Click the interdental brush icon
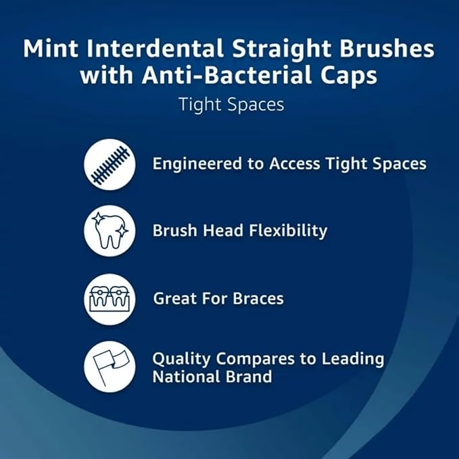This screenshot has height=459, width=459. pyautogui.click(x=110, y=164)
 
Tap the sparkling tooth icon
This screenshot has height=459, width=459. pyautogui.click(x=110, y=231)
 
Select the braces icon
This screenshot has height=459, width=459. pyautogui.click(x=110, y=298)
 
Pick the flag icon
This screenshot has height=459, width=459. pyautogui.click(x=110, y=366)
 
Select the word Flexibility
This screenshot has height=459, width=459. pyautogui.click(x=287, y=231)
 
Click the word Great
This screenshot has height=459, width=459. pyautogui.click(x=175, y=298)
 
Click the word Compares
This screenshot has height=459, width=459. pyautogui.click(x=256, y=359)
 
